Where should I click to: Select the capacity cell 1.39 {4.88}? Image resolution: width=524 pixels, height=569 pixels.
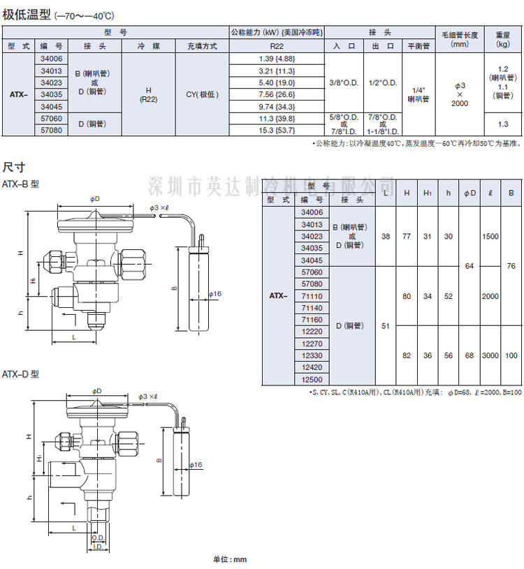click(x=276, y=59)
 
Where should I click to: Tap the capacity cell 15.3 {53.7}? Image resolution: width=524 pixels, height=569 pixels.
click(x=276, y=131)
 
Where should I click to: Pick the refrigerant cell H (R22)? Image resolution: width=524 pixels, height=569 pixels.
click(x=148, y=94)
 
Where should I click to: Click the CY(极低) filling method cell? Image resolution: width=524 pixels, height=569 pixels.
click(x=202, y=94)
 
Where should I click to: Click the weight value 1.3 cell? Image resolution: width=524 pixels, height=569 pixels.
click(x=502, y=124)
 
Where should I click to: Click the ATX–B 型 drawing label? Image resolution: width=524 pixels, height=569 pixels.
click(x=21, y=184)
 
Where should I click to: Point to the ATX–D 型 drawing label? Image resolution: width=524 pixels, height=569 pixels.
click(x=21, y=374)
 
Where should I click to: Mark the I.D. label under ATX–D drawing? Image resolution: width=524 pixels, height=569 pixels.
click(x=97, y=547)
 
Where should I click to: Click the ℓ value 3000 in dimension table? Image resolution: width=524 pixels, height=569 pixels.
click(x=490, y=355)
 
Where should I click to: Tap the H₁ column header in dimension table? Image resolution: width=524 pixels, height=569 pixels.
click(x=428, y=192)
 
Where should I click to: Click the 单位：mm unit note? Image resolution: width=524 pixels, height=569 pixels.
click(x=230, y=559)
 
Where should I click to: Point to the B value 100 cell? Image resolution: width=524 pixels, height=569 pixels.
click(x=512, y=355)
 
